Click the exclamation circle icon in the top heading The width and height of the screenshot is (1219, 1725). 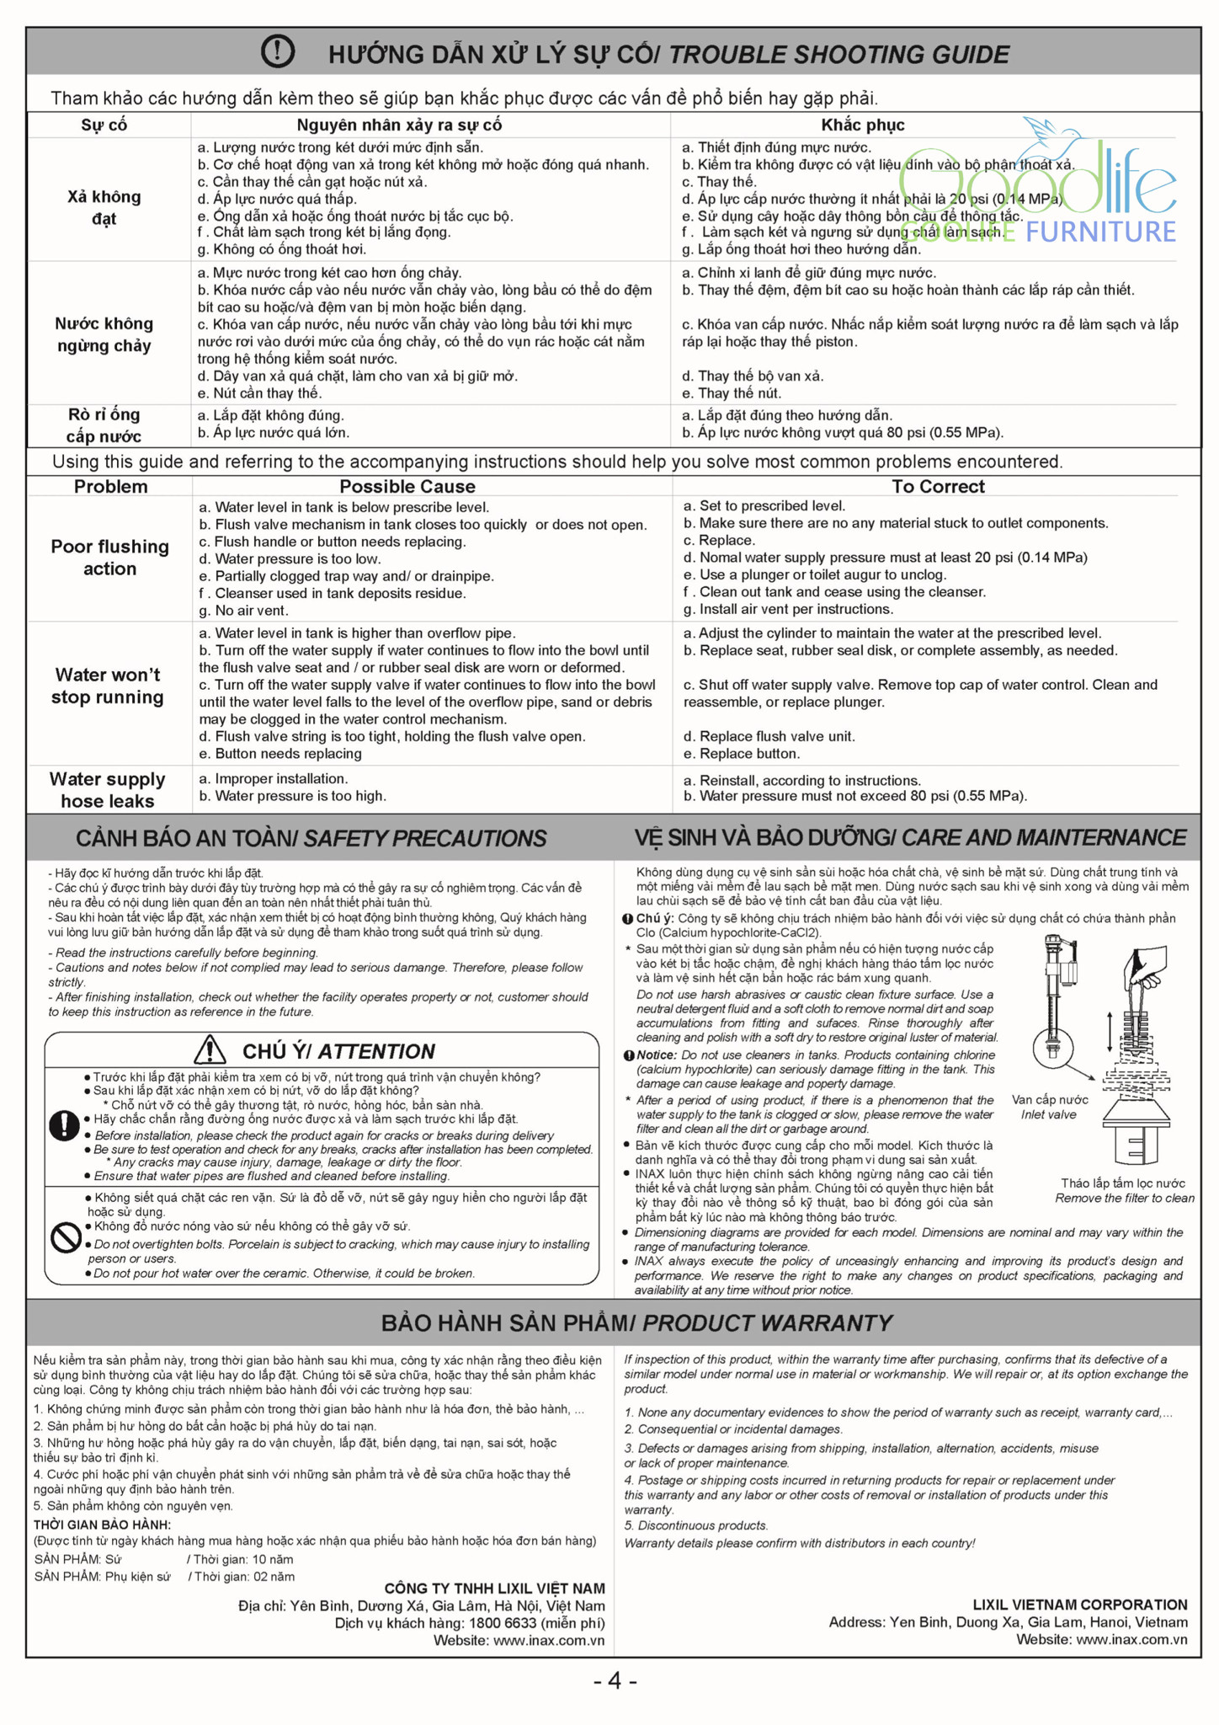point(278,52)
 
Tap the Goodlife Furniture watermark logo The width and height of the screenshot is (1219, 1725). point(1040,190)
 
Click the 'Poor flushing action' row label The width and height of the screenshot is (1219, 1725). point(109,558)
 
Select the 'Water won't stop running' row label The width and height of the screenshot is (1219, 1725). point(107,686)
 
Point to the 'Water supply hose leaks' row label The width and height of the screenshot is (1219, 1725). point(107,790)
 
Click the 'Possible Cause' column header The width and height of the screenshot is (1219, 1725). point(407,486)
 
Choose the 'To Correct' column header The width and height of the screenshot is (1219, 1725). point(938,486)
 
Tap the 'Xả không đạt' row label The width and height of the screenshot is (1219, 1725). point(104,207)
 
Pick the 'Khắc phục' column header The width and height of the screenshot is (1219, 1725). point(863,125)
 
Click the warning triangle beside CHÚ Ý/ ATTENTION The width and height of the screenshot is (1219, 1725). point(210,1050)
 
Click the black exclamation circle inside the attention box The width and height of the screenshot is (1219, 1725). point(64,1126)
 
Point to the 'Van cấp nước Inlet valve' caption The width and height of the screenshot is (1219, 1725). point(1049,1107)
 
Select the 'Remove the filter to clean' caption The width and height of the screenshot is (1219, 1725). point(1124,1198)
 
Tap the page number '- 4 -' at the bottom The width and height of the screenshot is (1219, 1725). point(615,1680)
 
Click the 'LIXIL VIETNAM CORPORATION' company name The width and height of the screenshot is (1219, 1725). point(1080,1605)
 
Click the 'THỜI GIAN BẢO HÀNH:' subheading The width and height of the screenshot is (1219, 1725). point(102,1525)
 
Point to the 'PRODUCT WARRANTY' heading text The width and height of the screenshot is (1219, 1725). point(767,1323)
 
